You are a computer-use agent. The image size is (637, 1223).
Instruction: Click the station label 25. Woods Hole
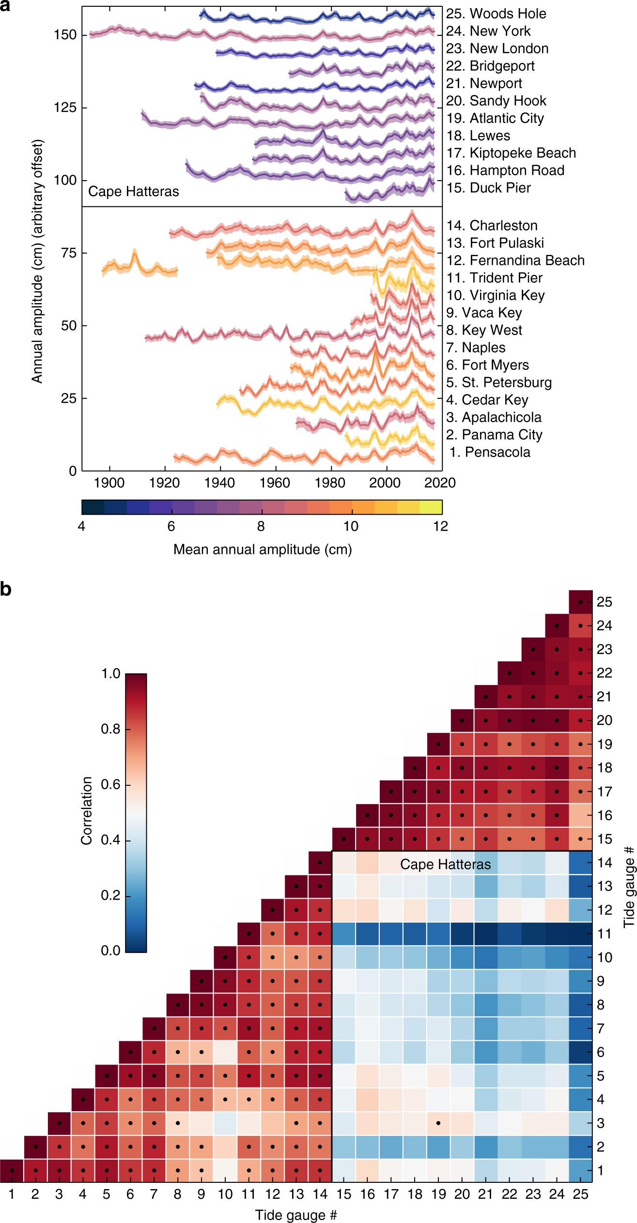tap(496, 14)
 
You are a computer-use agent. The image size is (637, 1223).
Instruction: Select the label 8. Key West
tap(484, 330)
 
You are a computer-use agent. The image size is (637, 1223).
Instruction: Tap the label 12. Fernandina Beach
tap(515, 260)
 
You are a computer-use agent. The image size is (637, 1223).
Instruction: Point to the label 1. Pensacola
tap(490, 452)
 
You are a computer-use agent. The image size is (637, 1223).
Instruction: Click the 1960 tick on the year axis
tap(275, 483)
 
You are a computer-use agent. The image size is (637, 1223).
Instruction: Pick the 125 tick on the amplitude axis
tap(65, 107)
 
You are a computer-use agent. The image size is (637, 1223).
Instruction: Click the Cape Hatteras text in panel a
tap(133, 192)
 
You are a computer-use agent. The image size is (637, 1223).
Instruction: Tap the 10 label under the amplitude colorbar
tap(351, 526)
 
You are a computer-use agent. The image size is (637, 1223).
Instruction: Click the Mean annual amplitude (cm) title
tap(263, 550)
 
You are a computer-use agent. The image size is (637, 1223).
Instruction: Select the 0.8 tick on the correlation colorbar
tap(110, 729)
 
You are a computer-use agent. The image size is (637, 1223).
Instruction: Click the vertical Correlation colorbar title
tap(87, 811)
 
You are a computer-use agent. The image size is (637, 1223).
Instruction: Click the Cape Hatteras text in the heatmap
tap(445, 864)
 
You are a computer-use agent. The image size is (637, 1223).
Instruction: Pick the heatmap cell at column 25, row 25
tap(580, 602)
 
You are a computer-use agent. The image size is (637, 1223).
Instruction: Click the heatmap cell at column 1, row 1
tap(12, 1170)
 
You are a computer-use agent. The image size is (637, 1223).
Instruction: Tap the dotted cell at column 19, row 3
tap(438, 1123)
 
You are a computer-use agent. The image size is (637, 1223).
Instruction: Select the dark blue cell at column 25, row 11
tap(580, 933)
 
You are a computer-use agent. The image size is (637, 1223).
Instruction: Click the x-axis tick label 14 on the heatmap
tap(320, 1194)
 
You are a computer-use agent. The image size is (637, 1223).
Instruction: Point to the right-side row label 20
tap(604, 720)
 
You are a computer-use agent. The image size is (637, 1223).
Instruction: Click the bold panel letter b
tap(6, 590)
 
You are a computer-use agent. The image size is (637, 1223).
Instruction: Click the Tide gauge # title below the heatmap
tap(296, 1215)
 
